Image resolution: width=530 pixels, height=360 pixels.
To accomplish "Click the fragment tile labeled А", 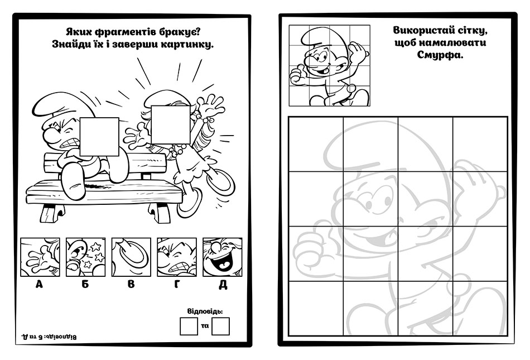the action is click(x=40, y=257).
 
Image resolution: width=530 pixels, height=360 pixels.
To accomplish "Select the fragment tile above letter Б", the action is click(x=85, y=257).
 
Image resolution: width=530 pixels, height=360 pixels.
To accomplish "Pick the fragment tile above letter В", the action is click(x=131, y=257).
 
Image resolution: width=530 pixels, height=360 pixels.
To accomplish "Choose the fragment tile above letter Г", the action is click(x=177, y=257).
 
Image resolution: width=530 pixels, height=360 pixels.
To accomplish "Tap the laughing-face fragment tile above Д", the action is click(x=223, y=257).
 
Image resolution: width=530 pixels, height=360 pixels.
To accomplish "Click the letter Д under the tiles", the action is click(x=223, y=285).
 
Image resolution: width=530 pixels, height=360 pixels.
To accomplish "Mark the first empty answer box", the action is click(x=189, y=326).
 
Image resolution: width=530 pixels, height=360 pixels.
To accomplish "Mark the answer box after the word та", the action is click(x=220, y=326).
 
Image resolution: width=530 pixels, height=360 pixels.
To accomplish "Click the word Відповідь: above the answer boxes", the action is click(x=205, y=311).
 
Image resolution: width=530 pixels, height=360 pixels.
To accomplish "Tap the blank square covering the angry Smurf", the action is click(x=100, y=137).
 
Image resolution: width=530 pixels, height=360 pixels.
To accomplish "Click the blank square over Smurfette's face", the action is click(x=171, y=124).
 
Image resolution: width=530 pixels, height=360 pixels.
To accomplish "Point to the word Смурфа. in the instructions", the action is click(x=440, y=55).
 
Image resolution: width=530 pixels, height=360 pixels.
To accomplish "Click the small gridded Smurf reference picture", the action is click(x=330, y=65).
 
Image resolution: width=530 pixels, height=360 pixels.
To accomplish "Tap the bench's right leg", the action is click(x=160, y=213).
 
